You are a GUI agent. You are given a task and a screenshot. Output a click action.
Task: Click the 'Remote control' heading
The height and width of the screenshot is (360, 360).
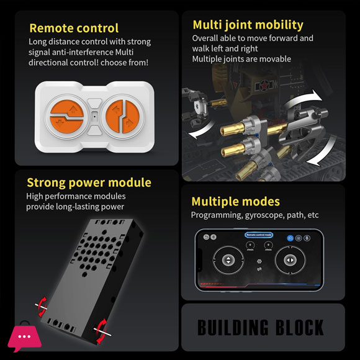coord(74,28)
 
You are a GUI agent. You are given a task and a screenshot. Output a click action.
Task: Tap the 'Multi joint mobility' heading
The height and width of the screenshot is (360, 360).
coord(248,25)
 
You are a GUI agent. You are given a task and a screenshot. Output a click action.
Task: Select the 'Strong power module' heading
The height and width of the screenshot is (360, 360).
coord(89,183)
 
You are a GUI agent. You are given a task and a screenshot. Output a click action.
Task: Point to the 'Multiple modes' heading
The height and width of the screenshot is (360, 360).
coord(236,202)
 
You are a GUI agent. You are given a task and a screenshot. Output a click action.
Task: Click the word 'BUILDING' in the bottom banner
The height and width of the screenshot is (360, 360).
coord(233,327)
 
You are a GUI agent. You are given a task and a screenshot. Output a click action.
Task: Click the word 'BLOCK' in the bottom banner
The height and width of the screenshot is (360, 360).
coord(299,327)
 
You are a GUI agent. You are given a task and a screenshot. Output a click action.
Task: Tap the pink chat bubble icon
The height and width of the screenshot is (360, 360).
coord(24,338)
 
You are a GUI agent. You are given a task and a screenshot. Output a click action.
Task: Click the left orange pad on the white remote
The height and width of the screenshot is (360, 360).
coord(66,117)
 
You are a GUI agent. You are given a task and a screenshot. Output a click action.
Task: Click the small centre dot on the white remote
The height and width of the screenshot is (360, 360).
coord(94,117)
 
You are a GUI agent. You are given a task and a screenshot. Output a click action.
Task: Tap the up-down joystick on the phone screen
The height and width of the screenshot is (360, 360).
coord(228,260)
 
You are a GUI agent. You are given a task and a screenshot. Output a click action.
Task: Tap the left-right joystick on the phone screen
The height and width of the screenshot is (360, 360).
coord(290,260)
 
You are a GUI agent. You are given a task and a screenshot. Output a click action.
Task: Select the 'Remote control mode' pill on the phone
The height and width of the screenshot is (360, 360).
coord(259,235)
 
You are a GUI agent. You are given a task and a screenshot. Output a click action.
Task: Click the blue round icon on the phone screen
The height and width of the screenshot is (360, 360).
coord(290,238)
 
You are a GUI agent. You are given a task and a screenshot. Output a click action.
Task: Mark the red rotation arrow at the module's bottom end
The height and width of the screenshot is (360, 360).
coord(101,331)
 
